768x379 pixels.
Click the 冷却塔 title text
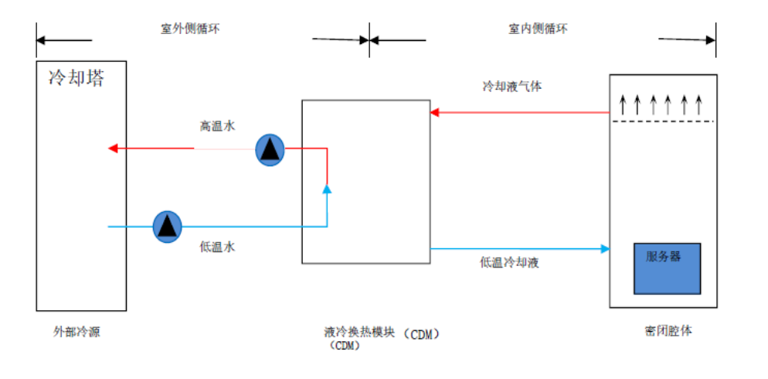pos(76,78)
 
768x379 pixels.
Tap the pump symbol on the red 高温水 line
pos(270,149)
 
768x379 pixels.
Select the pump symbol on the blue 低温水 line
pos(166,226)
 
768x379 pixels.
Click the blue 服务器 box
pos(668,268)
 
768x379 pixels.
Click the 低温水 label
pos(217,247)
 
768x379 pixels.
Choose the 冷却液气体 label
pos(511,86)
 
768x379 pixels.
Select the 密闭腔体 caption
pos(668,331)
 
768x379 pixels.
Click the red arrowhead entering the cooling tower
pos(112,149)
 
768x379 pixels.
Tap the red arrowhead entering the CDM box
pos(435,112)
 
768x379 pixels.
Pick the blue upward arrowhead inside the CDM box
pos(327,188)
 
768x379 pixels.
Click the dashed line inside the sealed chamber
pos(663,121)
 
